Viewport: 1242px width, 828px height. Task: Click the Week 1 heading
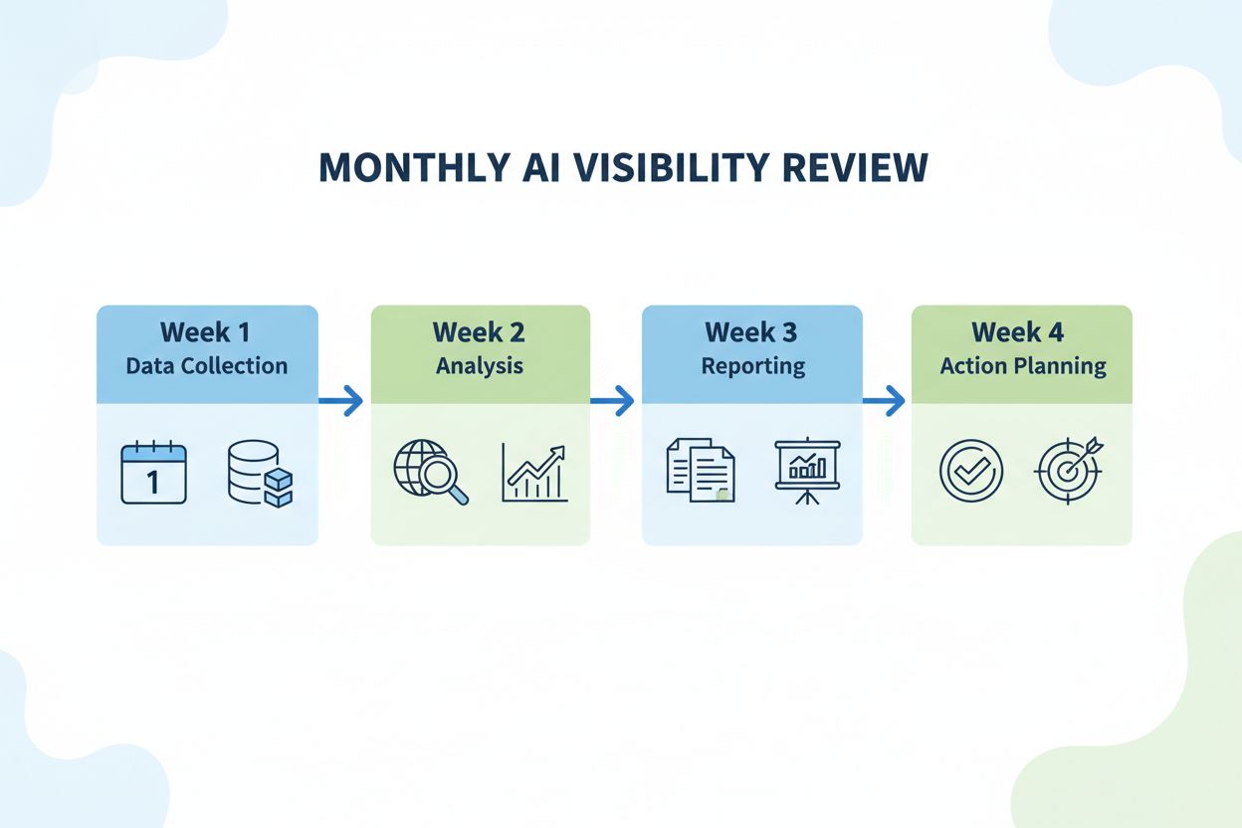click(x=206, y=332)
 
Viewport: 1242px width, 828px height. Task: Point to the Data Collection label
click(x=206, y=365)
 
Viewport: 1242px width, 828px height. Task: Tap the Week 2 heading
click(x=480, y=332)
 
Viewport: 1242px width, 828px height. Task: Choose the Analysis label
click(x=480, y=365)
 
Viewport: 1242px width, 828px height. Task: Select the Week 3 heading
click(x=751, y=332)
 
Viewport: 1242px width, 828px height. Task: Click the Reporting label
click(x=751, y=365)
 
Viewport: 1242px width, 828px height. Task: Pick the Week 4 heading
click(x=1022, y=332)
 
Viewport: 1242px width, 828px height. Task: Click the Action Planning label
click(x=1022, y=365)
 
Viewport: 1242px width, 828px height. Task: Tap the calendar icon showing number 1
click(x=153, y=473)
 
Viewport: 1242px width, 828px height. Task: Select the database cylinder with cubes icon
click(x=259, y=474)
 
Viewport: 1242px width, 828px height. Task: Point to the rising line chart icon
click(x=534, y=473)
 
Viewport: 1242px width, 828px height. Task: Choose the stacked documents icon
click(x=701, y=473)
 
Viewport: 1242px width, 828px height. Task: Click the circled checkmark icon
click(x=970, y=471)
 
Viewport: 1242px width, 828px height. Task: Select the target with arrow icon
click(x=1069, y=470)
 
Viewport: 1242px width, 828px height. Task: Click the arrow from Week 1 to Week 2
click(x=341, y=402)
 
